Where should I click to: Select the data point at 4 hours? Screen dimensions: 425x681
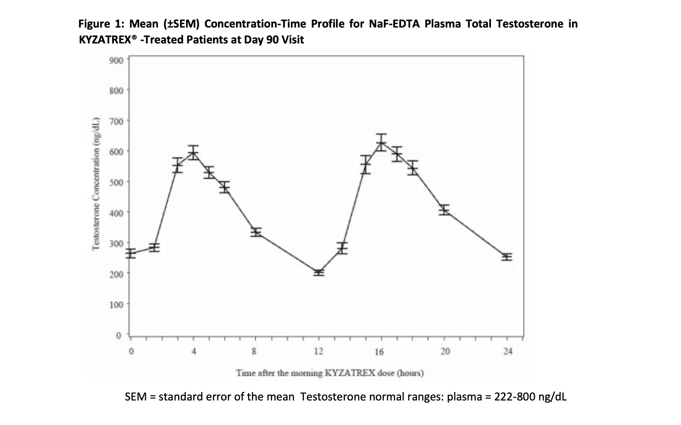point(193,152)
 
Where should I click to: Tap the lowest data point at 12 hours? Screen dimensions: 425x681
point(319,272)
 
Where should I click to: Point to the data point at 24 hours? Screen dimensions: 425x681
point(507,257)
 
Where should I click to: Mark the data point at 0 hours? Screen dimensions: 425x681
point(131,253)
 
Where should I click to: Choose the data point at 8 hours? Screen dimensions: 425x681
point(256,232)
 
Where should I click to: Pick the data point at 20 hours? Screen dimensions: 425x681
point(444,210)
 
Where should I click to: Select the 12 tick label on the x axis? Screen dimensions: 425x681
point(319,351)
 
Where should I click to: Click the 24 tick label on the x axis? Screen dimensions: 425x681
point(508,351)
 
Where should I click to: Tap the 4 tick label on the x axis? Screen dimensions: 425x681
point(194,351)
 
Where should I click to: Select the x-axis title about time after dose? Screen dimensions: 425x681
point(330,373)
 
